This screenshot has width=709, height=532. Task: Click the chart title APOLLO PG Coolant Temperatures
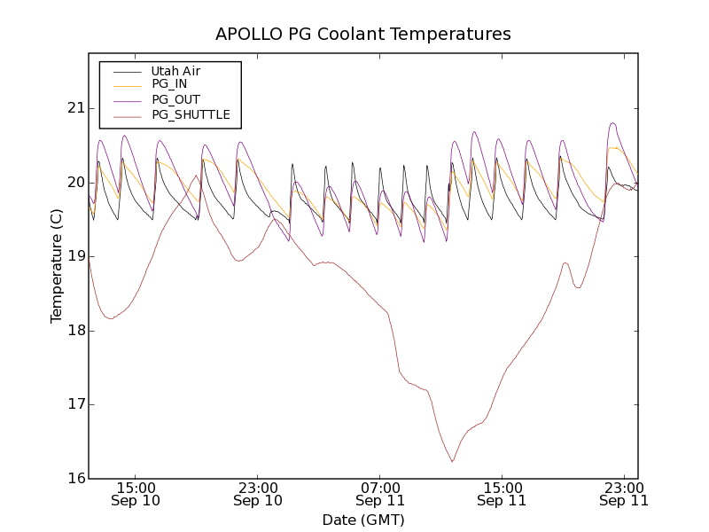coord(363,35)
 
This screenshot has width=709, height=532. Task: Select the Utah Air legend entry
coord(175,71)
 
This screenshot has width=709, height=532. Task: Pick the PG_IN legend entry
coord(169,84)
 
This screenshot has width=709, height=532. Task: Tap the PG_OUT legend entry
coord(175,99)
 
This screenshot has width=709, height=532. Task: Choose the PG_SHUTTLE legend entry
coord(191,114)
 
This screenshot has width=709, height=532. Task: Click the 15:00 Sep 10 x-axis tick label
coord(136,494)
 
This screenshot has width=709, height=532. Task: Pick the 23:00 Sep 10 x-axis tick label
coord(258,494)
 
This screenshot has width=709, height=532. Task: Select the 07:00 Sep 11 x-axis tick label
coord(380,494)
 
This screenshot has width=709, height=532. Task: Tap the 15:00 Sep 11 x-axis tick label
coord(502,494)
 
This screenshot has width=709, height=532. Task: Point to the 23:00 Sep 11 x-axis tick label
coord(624,494)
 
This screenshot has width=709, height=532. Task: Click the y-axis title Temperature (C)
coord(57,266)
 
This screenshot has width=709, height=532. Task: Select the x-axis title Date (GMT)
coord(363,520)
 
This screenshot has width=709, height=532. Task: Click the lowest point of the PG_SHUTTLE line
coord(452,462)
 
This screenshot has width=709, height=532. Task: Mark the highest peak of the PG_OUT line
coord(612,123)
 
